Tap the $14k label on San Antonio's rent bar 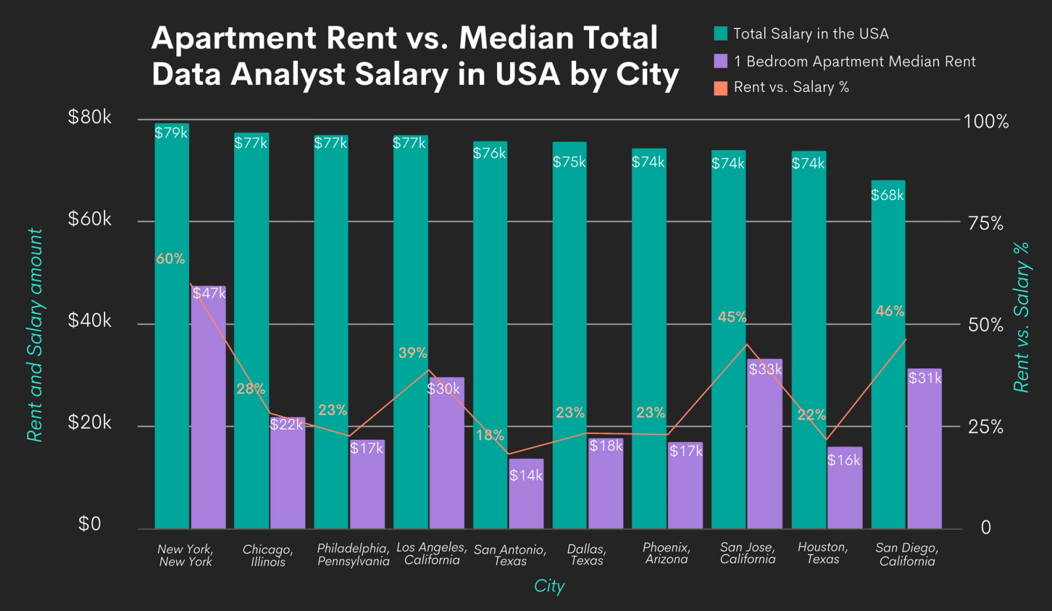(526, 476)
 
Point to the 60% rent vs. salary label (170, 259)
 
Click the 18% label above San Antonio (490, 435)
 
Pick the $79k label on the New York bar (171, 133)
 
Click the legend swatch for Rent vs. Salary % (721, 88)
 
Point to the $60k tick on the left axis (89, 219)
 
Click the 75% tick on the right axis (986, 224)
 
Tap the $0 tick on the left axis (89, 524)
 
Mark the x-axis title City (549, 586)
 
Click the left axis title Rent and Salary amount (35, 335)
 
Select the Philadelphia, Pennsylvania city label (353, 554)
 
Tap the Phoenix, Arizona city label (666, 553)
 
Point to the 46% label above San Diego (890, 311)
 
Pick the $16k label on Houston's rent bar (844, 460)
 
